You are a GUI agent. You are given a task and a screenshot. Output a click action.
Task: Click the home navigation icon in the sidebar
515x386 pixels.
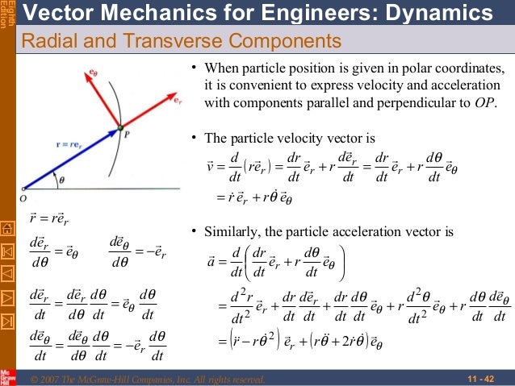(7, 228)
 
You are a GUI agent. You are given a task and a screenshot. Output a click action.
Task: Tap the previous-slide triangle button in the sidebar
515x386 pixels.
(7, 276)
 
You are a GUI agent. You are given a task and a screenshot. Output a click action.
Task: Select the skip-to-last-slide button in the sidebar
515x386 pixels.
(7, 326)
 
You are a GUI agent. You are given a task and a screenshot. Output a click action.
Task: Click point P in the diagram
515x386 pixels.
(120, 127)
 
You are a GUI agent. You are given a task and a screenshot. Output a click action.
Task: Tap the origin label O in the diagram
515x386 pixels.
(23, 196)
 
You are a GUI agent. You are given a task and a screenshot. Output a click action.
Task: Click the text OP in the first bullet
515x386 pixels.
(485, 102)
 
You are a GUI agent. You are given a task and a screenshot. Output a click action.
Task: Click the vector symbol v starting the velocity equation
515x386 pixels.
(211, 168)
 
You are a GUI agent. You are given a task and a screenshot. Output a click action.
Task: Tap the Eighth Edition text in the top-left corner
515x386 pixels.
(7, 16)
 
